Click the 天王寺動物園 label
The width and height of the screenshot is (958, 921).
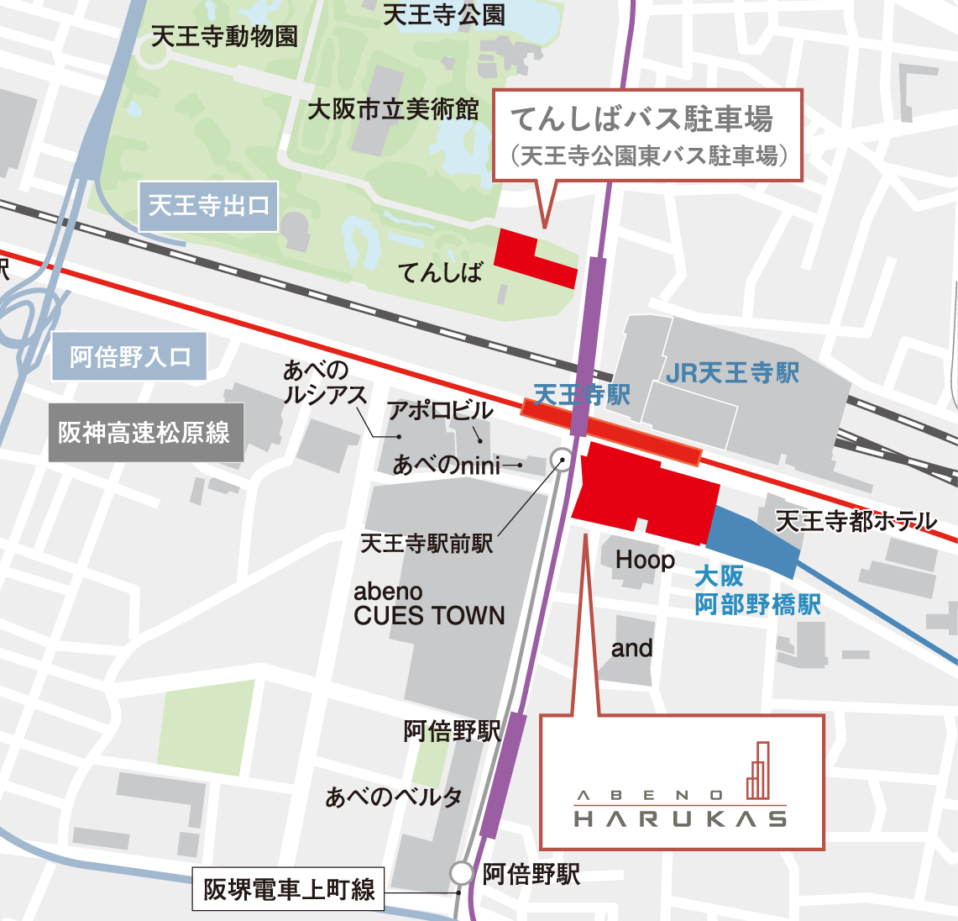click(224, 36)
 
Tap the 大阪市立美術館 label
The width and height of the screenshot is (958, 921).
click(393, 108)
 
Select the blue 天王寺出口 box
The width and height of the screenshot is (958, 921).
click(208, 206)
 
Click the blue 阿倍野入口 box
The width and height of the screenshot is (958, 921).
click(129, 357)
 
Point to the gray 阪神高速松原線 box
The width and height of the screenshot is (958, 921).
click(145, 433)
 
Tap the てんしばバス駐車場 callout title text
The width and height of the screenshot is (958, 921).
click(642, 119)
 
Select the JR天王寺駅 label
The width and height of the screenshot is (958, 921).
click(732, 373)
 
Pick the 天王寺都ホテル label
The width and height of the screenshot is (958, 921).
click(856, 521)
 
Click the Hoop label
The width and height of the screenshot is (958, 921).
click(645, 560)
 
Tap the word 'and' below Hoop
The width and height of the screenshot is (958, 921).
click(631, 649)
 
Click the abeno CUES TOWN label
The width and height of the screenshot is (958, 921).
click(429, 604)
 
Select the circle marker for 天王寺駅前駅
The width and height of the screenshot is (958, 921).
click(560, 459)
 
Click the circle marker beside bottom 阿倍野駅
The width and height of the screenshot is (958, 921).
click(461, 873)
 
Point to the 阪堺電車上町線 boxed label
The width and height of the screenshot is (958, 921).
click(289, 889)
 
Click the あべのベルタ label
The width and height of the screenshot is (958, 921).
click(394, 796)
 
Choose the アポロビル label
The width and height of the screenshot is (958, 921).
click(439, 410)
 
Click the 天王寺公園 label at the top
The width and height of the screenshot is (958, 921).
click(443, 14)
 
